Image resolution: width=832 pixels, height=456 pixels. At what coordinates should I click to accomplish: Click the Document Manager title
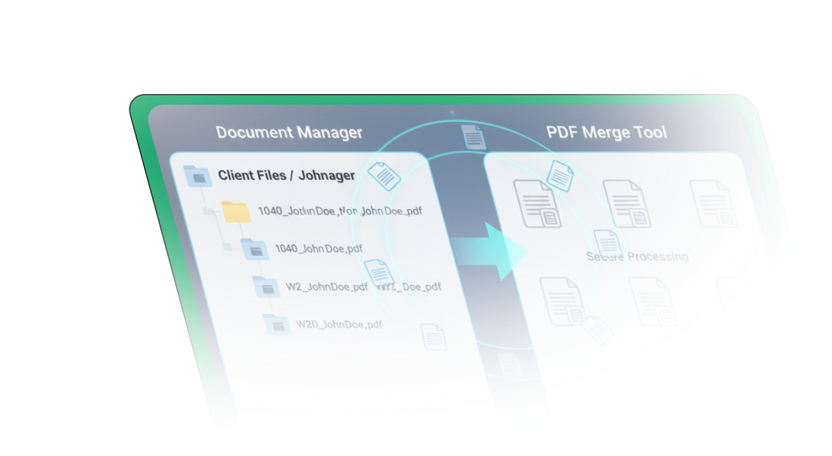click(289, 132)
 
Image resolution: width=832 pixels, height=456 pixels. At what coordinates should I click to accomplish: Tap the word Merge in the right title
click(606, 132)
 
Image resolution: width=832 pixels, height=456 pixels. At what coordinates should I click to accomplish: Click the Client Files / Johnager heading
click(286, 175)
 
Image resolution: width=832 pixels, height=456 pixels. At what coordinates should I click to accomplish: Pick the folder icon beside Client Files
click(197, 176)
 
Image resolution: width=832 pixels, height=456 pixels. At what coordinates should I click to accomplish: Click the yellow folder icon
click(236, 211)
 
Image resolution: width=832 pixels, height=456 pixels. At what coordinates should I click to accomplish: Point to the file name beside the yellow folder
click(340, 211)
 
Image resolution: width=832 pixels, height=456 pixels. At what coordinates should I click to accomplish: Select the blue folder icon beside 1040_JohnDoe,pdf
click(254, 248)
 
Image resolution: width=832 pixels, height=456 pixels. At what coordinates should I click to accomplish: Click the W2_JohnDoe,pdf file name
click(327, 287)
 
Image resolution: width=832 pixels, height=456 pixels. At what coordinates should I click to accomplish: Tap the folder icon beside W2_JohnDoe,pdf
click(266, 287)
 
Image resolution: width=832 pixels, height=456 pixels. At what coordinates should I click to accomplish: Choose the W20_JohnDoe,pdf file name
click(338, 324)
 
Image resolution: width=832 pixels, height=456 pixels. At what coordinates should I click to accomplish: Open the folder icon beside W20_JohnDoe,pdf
click(277, 324)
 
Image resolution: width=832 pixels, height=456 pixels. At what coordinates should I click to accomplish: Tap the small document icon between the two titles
click(473, 136)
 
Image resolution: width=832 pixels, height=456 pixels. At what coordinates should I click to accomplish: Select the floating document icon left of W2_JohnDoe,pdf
click(378, 272)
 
